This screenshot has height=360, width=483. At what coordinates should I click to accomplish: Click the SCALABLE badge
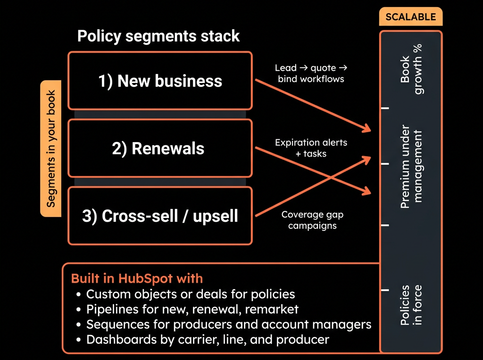[411, 17]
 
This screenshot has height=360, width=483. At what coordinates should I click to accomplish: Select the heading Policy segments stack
[158, 36]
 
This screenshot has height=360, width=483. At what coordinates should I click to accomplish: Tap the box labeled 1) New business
[160, 81]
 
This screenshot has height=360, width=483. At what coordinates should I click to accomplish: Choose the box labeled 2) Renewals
[160, 148]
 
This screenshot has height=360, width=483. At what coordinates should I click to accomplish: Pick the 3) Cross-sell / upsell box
[160, 216]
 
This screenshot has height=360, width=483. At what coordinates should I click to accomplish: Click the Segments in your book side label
[51, 149]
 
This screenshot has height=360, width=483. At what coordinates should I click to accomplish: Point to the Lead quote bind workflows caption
[311, 73]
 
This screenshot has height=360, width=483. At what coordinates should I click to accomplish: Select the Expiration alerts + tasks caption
[311, 148]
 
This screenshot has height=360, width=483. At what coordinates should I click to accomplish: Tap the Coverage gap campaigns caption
[312, 220]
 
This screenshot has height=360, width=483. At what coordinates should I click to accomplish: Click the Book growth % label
[411, 69]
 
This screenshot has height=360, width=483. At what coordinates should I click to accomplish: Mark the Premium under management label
[411, 167]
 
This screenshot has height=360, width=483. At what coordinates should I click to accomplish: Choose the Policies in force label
[411, 305]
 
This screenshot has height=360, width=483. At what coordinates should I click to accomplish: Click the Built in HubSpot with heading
[137, 279]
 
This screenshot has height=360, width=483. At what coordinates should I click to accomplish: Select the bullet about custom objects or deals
[186, 294]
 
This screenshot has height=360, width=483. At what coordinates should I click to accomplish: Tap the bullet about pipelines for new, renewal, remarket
[187, 309]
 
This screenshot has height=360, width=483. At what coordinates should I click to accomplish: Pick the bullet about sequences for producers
[224, 324]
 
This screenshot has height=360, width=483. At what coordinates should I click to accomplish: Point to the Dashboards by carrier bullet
[203, 339]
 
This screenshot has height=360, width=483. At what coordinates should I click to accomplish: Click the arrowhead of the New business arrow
[367, 128]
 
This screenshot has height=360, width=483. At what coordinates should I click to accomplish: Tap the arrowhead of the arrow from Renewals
[367, 192]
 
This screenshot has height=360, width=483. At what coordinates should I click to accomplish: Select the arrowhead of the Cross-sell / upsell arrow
[367, 159]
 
